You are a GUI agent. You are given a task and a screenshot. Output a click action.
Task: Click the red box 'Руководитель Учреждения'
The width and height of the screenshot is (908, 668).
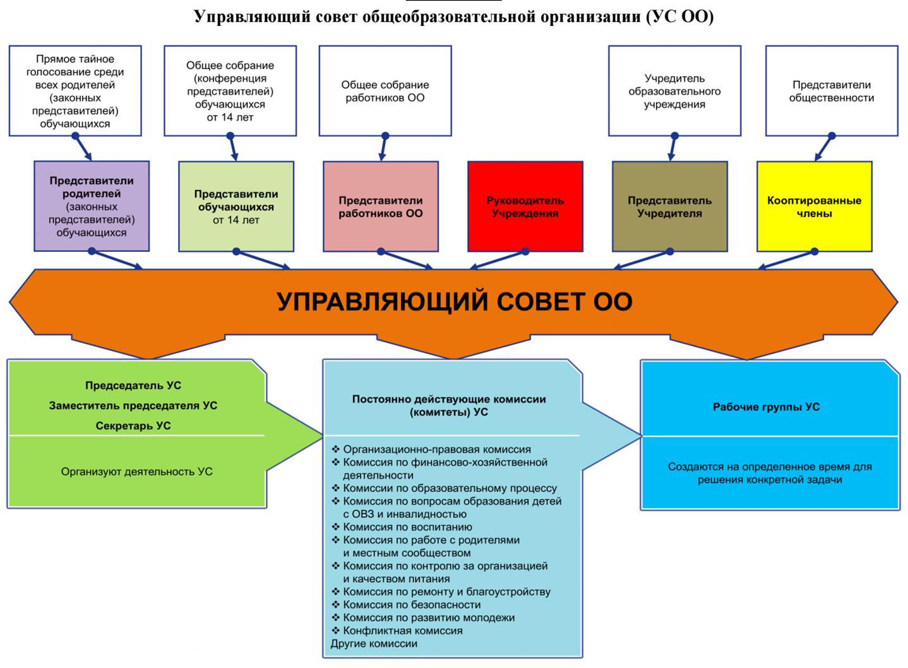(525, 206)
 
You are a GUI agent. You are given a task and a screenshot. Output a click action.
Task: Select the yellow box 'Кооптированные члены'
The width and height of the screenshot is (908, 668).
(814, 206)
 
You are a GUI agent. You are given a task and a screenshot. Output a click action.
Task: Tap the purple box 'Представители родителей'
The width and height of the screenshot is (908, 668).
(92, 206)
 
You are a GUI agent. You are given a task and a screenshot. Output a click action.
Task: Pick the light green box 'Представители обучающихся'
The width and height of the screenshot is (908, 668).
(236, 206)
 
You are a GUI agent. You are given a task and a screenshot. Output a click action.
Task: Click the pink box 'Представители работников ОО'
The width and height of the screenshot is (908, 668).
(380, 206)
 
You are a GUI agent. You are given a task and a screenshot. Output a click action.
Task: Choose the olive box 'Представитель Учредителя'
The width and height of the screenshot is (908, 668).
(669, 206)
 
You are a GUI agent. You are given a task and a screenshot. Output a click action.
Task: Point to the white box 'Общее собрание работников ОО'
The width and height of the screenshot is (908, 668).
(385, 91)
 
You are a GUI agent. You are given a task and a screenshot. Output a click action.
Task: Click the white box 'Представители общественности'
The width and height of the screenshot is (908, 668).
(831, 91)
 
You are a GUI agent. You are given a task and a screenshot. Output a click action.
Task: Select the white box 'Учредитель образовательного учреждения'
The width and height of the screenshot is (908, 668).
(674, 91)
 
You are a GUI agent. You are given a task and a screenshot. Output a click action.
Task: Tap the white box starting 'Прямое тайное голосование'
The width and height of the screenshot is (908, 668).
(75, 91)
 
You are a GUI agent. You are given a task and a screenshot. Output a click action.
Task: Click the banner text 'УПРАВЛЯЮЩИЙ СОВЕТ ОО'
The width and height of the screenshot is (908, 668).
(455, 302)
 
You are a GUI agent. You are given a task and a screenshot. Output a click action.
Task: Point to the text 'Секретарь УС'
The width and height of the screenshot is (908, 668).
(133, 426)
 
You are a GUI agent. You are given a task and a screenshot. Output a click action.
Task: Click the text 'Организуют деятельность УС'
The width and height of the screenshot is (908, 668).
(136, 472)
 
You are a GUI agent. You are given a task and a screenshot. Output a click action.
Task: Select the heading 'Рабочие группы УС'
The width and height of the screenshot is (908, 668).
(766, 407)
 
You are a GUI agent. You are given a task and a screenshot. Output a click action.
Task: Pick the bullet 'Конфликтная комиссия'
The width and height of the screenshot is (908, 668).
(402, 631)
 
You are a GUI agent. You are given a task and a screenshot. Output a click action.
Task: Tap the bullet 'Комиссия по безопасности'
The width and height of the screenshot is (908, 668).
(412, 605)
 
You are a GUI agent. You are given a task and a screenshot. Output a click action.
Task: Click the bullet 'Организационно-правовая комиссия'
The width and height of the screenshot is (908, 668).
(436, 450)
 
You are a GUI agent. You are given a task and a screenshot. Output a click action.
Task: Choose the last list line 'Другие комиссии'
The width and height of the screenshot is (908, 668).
(374, 644)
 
